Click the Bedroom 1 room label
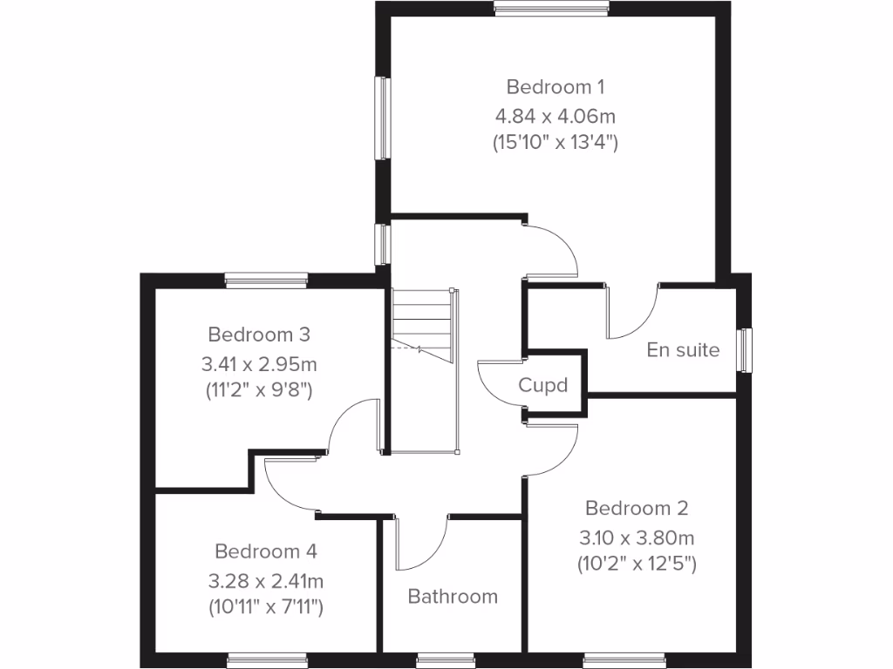[x=556, y=87]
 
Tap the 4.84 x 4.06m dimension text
[x=556, y=115]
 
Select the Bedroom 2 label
[x=637, y=508]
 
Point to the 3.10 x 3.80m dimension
[x=637, y=537]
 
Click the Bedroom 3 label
[x=260, y=334]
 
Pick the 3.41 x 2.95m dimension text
[x=260, y=362]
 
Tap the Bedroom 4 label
[x=266, y=551]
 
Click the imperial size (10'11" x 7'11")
[x=266, y=607]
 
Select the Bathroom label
[x=453, y=597]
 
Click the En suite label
[x=684, y=350]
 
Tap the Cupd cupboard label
[x=543, y=385]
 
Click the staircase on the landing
[x=422, y=327]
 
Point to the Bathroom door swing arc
[x=422, y=544]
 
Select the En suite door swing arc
[x=632, y=314]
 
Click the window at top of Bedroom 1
[x=551, y=9]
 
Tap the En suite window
[x=745, y=349]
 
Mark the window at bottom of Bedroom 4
[x=267, y=661]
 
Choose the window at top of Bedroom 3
[x=266, y=280]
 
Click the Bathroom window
[x=445, y=661]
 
